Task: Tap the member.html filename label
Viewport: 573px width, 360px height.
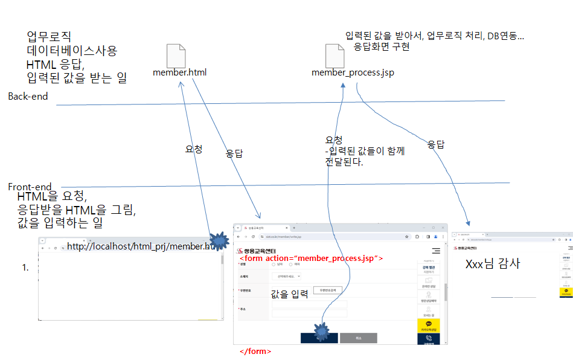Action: click(x=179, y=73)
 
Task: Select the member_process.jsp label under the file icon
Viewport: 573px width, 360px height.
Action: click(x=353, y=73)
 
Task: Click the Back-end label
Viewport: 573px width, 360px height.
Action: click(x=28, y=97)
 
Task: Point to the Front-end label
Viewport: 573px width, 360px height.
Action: click(x=30, y=187)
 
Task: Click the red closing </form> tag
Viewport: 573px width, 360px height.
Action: click(x=255, y=351)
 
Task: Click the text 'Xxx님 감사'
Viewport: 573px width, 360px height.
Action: click(x=493, y=264)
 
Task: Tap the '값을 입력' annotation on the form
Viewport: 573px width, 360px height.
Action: click(x=289, y=294)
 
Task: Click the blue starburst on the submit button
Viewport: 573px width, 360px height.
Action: click(x=321, y=331)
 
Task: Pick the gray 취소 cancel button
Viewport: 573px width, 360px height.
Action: click(x=358, y=338)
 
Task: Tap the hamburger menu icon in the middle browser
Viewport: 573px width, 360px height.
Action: click(x=435, y=250)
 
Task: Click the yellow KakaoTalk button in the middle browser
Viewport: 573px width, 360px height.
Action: click(x=429, y=326)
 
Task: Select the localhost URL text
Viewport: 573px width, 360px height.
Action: click(x=140, y=246)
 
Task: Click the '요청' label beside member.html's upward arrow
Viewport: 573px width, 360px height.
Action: click(x=193, y=149)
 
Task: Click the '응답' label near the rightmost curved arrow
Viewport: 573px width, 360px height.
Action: click(x=436, y=144)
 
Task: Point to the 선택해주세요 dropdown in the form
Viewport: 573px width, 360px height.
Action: click(x=286, y=276)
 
